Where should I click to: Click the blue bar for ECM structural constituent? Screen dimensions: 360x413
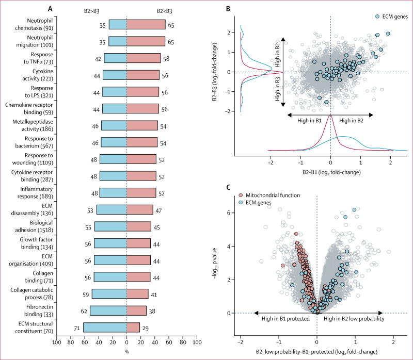coord(105,327)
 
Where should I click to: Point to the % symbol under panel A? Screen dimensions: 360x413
coord(126,352)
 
